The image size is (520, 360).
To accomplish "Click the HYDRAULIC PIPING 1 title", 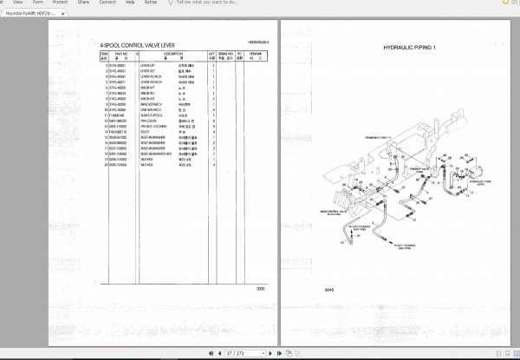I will (x=410, y=48).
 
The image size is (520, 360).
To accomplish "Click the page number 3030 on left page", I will (x=260, y=289).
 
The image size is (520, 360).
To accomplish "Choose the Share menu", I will (x=83, y=3).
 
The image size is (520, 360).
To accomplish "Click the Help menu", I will (x=129, y=3).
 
